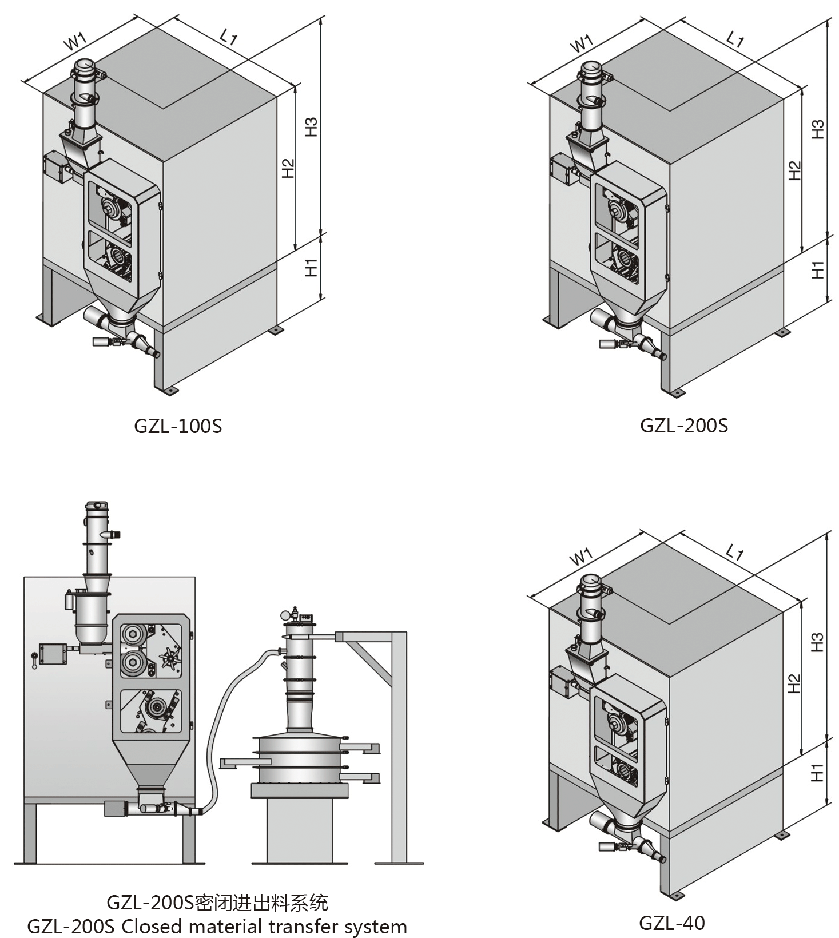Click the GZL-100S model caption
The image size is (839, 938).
178,426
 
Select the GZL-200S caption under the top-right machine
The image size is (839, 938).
684,426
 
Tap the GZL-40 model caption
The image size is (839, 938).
672,923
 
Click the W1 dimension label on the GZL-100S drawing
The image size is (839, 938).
75,41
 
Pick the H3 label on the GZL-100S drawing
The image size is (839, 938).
311,127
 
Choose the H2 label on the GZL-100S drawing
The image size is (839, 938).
288,168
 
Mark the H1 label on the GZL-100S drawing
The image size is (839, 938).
311,267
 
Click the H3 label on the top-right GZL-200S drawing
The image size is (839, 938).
818,129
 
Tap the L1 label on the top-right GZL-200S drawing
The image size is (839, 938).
735,39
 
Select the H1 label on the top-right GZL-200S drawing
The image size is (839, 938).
818,269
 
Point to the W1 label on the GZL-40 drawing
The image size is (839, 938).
581,557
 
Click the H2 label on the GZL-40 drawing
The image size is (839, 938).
794,683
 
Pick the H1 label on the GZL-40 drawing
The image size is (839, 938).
817,772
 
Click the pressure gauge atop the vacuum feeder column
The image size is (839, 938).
284,615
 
